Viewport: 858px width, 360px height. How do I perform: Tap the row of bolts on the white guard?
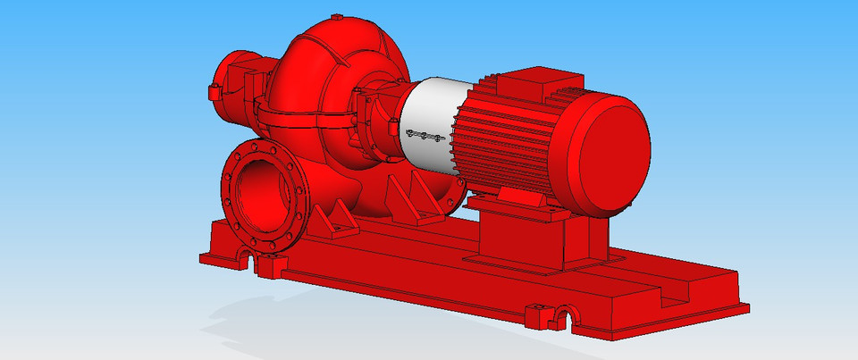425,136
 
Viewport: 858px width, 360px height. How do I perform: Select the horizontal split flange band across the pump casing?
304,111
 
